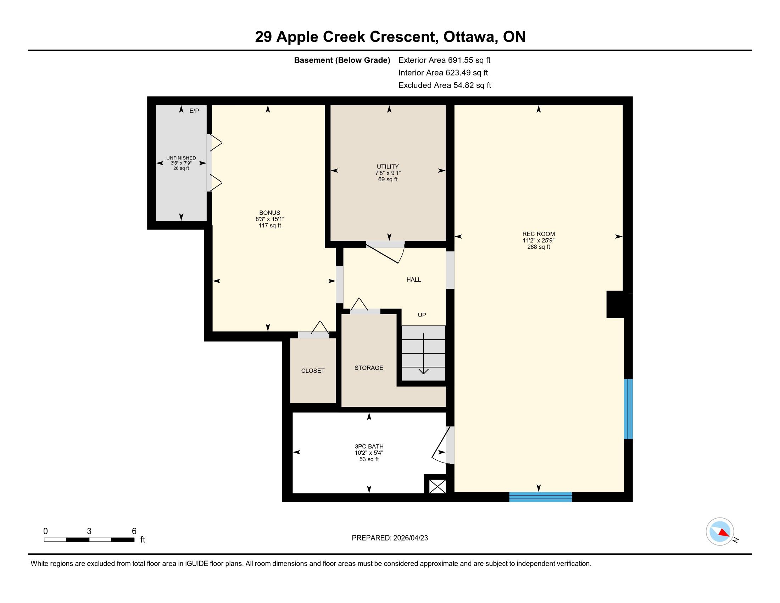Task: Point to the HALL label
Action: tap(413, 280)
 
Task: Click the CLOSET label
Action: tap(313, 371)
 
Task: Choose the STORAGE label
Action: tap(369, 367)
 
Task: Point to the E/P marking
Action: tap(194, 111)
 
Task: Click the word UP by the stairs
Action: tap(422, 315)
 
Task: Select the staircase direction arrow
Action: tap(424, 354)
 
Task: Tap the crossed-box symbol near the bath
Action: tap(438, 487)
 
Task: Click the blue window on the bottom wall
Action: tap(540, 497)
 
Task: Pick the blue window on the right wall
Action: tap(628, 409)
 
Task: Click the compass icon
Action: tap(720, 532)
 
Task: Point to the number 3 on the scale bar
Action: tap(89, 531)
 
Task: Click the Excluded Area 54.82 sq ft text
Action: tap(445, 85)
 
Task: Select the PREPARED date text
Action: tap(390, 538)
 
